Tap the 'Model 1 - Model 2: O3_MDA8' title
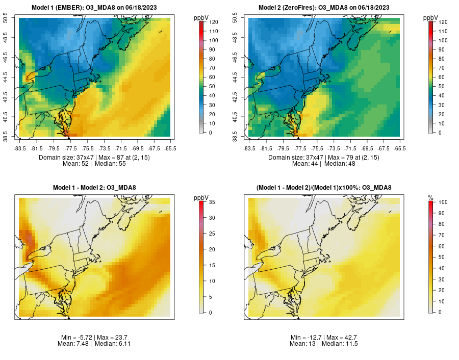pos(94,188)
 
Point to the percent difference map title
pos(323,188)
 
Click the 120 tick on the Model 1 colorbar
pos(213,22)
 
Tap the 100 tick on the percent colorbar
pos(443,202)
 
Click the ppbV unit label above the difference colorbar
pos(201,197)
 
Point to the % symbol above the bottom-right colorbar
pos(430,197)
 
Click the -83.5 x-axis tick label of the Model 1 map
pos(20,148)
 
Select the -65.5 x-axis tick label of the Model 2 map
pos(400,148)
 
